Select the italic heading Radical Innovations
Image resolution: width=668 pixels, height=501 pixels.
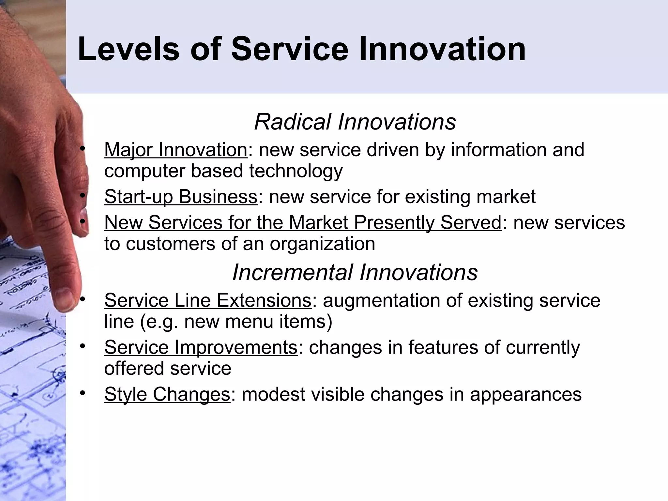(x=355, y=122)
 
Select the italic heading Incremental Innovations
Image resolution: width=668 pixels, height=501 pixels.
(x=355, y=272)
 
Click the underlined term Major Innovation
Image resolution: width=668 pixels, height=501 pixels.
(x=176, y=150)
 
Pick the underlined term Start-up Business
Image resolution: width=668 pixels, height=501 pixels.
(x=181, y=197)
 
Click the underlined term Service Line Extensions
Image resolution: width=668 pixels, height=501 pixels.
(x=208, y=300)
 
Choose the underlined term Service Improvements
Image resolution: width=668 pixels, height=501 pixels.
(x=201, y=347)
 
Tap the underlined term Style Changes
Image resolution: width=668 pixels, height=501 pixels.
(x=167, y=394)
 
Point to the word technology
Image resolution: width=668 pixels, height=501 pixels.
(x=296, y=171)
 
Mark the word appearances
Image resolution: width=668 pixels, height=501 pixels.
(x=525, y=394)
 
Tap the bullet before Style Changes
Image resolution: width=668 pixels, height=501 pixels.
(x=83, y=393)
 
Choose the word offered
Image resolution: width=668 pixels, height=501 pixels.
(x=134, y=368)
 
